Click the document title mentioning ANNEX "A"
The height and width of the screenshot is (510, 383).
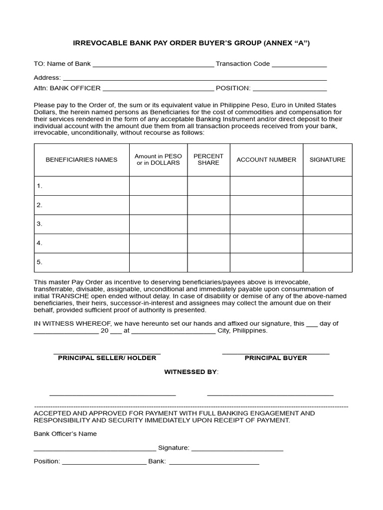[191, 43]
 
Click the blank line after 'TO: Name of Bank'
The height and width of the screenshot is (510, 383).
[153, 65]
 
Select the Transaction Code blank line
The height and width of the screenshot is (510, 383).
[299, 65]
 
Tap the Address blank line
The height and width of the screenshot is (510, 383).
[194, 79]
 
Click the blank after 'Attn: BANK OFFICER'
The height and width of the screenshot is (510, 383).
[158, 89]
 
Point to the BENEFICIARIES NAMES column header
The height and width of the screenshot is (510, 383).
[82, 160]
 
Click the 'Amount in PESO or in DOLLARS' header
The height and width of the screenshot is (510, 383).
[158, 160]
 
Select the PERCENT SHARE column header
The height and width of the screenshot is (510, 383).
[208, 160]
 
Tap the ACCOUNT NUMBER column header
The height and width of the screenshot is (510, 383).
[266, 160]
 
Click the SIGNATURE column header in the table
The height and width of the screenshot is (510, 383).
[327, 160]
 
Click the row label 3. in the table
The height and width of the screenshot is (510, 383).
[39, 224]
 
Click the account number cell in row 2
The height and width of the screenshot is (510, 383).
[266, 205]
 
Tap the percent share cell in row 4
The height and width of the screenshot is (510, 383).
[208, 244]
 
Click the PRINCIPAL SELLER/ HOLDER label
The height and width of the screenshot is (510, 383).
[107, 358]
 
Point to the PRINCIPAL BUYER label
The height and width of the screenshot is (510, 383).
[276, 358]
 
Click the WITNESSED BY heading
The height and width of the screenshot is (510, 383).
[191, 372]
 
